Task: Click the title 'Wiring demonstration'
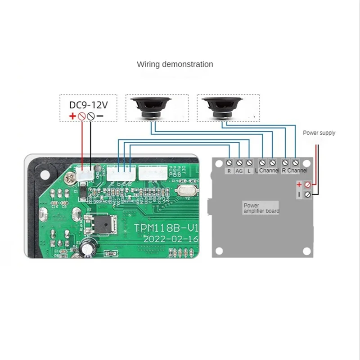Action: tap(175, 64)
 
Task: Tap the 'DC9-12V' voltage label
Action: tap(89, 104)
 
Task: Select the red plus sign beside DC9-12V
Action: tap(72, 116)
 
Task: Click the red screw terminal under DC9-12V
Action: tap(82, 116)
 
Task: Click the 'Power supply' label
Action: tap(319, 133)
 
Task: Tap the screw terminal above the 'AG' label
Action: tap(239, 162)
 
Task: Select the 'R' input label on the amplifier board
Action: tap(229, 171)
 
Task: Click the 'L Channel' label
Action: tap(267, 171)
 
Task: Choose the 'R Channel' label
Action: tap(295, 171)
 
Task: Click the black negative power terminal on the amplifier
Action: tap(308, 194)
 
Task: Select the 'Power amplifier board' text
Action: tap(261, 208)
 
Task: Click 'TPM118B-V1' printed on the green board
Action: tap(166, 228)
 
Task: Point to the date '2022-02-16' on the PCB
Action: tap(171, 239)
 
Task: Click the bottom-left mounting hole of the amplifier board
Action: tap(220, 250)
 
